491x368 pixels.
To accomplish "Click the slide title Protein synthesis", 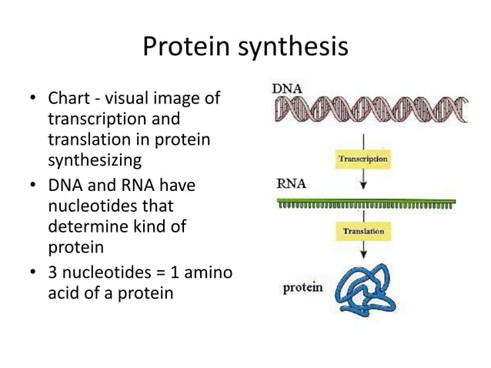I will [x=245, y=48].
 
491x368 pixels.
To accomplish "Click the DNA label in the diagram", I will [x=289, y=89].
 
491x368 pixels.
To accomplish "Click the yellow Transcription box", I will [x=364, y=159].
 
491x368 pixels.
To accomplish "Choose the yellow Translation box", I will [x=364, y=231].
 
